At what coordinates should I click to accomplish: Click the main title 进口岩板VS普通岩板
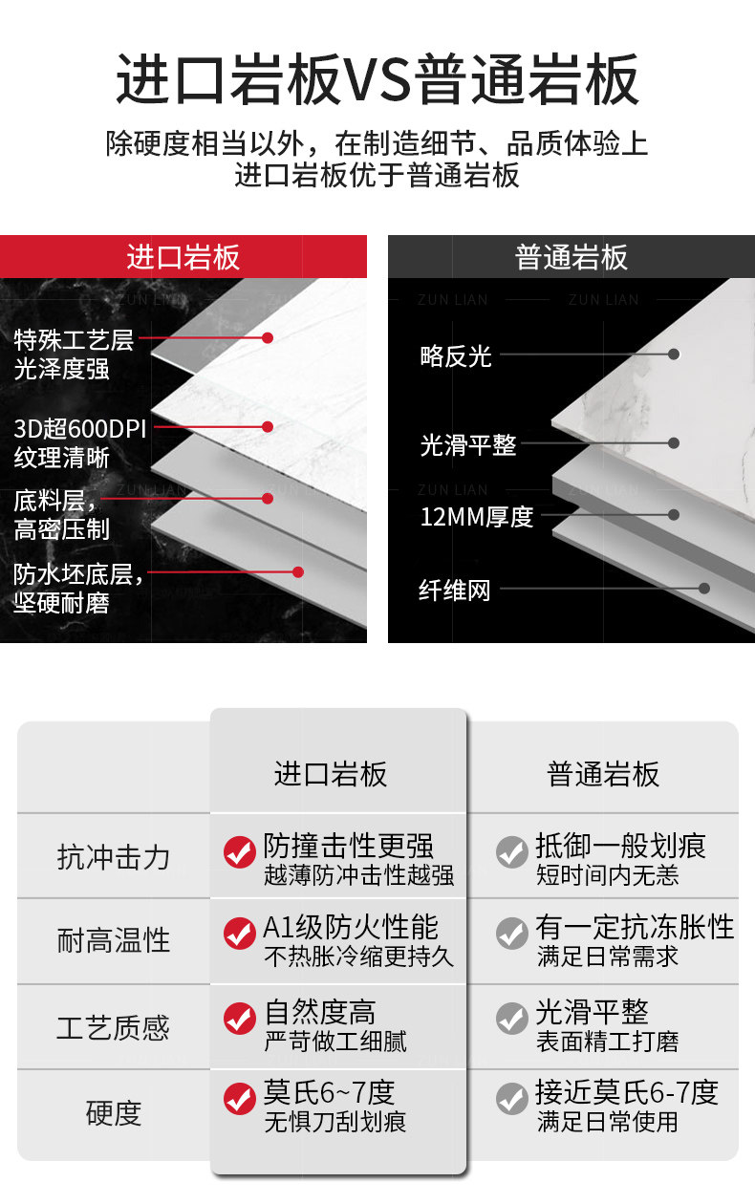pyautogui.click(x=377, y=79)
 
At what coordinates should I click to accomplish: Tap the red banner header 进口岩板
pyautogui.click(x=183, y=257)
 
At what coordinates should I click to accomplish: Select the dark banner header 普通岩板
pyautogui.click(x=572, y=257)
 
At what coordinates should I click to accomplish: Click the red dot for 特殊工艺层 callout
pyautogui.click(x=268, y=337)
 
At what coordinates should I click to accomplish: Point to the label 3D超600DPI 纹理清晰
pyautogui.click(x=80, y=443)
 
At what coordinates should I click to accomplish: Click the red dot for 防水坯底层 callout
pyautogui.click(x=298, y=571)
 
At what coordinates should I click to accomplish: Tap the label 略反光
pyautogui.click(x=456, y=355)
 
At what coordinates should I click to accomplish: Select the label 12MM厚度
pyautogui.click(x=477, y=517)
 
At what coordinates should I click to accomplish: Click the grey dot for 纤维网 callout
pyautogui.click(x=704, y=588)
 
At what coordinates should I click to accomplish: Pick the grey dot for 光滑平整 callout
pyautogui.click(x=673, y=443)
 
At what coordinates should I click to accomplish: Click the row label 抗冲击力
pyautogui.click(x=114, y=857)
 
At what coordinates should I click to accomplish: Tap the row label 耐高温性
pyautogui.click(x=114, y=940)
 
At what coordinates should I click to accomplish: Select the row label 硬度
pyautogui.click(x=114, y=1112)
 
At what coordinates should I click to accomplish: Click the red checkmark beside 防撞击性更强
pyautogui.click(x=240, y=852)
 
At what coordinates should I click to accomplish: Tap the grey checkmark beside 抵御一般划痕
pyautogui.click(x=512, y=852)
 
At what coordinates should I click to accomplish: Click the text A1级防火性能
pyautogui.click(x=351, y=927)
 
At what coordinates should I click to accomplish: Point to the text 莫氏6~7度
pyautogui.click(x=329, y=1092)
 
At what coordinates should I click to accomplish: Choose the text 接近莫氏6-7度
pyautogui.click(x=627, y=1092)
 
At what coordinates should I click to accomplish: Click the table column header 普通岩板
pyautogui.click(x=603, y=775)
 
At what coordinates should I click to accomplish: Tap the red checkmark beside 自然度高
pyautogui.click(x=240, y=1019)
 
